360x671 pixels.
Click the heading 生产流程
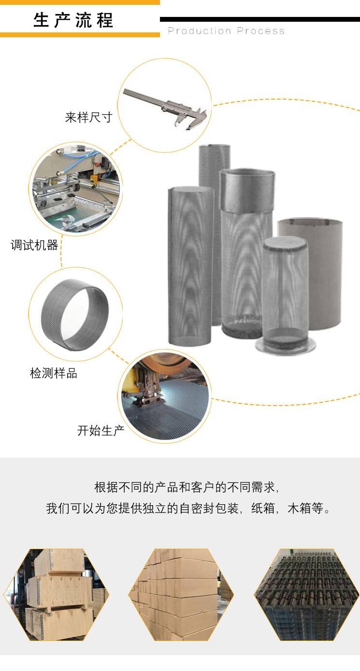coord(73,20)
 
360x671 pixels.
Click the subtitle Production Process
coord(226,31)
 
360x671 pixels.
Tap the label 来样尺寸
coord(88,117)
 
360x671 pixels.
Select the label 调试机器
coord(34,245)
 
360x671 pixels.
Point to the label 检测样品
coord(54,373)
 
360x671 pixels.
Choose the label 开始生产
coord(101,430)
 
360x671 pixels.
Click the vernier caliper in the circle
coord(166,109)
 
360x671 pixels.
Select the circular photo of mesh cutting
coord(164,396)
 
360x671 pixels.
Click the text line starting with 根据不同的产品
coord(187,487)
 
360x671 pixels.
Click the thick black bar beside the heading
coord(259,19)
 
